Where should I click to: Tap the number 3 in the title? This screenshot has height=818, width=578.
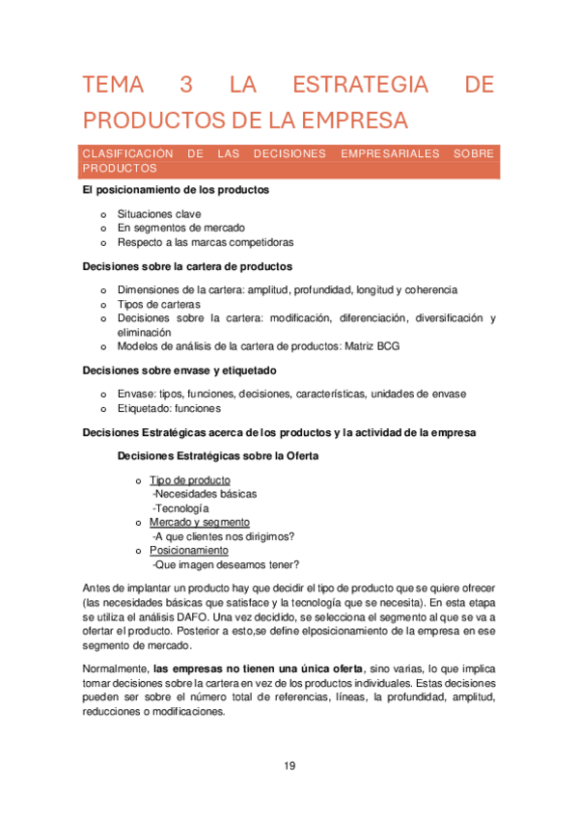tap(186, 85)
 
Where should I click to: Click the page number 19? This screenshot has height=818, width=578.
tap(289, 767)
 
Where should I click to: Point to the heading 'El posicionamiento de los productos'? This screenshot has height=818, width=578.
tap(176, 190)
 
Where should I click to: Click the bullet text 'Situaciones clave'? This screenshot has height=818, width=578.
tap(159, 214)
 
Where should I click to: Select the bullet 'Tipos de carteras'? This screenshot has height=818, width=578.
tap(159, 304)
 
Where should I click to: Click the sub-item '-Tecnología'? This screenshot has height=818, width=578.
tap(180, 508)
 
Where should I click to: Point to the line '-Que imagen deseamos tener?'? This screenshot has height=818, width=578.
tap(226, 564)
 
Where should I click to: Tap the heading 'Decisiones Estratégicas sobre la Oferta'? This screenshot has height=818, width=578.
tap(218, 456)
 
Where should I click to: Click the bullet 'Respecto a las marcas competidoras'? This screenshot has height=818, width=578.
tap(206, 242)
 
